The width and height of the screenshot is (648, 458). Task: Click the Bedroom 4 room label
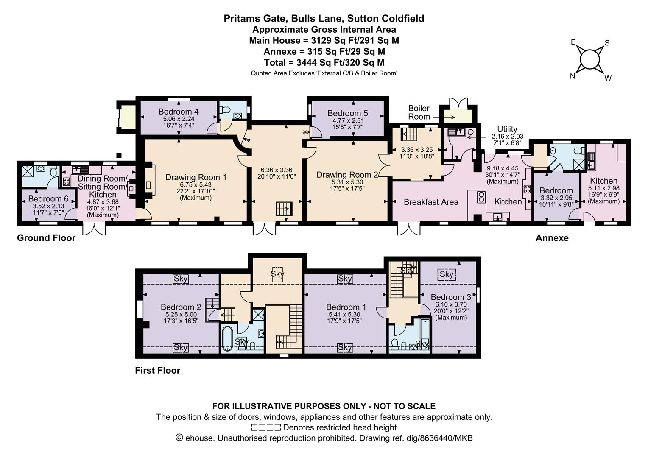[179, 112]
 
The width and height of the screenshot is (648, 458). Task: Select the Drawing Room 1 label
[196, 177]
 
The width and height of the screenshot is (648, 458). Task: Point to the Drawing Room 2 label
[347, 175]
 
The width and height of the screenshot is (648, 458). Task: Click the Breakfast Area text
[431, 202]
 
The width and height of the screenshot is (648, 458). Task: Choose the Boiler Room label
[419, 112]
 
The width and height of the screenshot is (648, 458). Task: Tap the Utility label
[507, 129]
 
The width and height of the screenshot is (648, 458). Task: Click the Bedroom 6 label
[48, 199]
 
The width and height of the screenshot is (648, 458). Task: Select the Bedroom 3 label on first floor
[451, 297]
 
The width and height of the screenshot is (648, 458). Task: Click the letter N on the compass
[572, 76]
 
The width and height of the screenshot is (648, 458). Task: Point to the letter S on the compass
[607, 43]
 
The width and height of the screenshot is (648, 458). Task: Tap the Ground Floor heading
[46, 238]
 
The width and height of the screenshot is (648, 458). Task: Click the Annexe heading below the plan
[552, 238]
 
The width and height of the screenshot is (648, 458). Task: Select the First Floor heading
[158, 370]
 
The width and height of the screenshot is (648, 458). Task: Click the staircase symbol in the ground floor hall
[284, 209]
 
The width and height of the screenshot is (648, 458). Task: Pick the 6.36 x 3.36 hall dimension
[277, 170]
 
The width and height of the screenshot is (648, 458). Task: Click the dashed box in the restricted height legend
[266, 427]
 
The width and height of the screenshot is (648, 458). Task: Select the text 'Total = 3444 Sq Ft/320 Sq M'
[324, 62]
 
